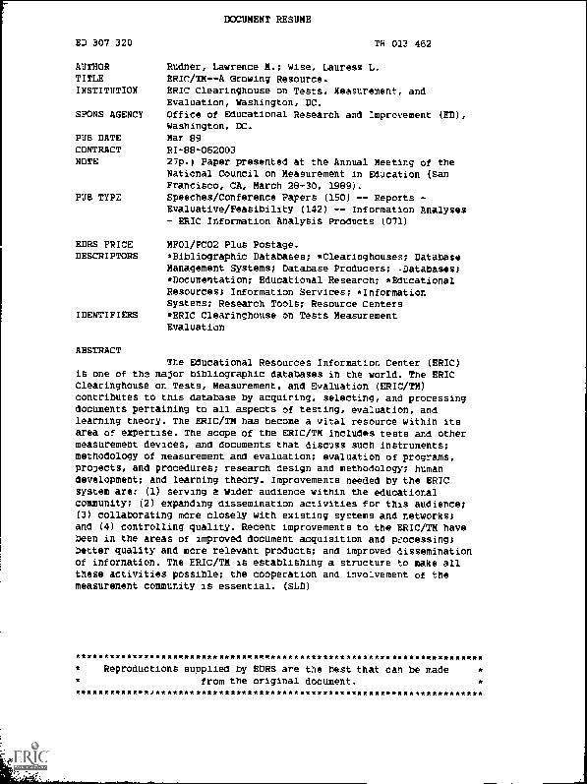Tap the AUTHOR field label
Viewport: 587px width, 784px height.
click(93, 67)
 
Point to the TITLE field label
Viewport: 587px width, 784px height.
click(90, 78)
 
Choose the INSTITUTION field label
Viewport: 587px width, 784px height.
click(106, 90)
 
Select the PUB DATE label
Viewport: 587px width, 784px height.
click(97, 139)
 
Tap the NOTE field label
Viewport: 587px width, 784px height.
click(87, 162)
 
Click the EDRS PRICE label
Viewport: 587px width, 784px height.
click(103, 243)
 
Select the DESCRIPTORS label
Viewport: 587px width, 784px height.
click(106, 256)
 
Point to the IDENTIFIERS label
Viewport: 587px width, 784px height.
click(106, 316)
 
